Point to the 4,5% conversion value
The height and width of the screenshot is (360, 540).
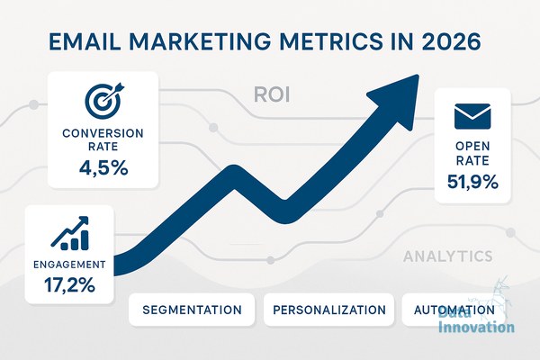(103, 168)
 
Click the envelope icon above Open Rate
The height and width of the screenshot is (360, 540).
(472, 116)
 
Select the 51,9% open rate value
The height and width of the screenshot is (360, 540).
(472, 182)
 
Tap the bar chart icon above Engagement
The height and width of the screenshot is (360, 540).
(70, 233)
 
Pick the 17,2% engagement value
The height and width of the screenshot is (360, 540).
(69, 285)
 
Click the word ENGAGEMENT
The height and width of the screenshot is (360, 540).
(69, 265)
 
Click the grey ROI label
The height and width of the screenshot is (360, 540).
(272, 94)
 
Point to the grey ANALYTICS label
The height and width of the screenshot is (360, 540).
(447, 256)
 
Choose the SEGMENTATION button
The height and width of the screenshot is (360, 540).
(192, 310)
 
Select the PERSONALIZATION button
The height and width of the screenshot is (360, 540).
(328, 310)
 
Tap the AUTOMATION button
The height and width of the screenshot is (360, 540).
(454, 310)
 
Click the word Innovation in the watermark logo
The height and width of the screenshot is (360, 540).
(477, 327)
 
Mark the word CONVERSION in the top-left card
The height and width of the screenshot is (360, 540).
(103, 133)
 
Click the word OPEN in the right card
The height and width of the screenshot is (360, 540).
(472, 147)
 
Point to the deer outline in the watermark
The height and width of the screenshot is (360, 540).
(499, 296)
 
